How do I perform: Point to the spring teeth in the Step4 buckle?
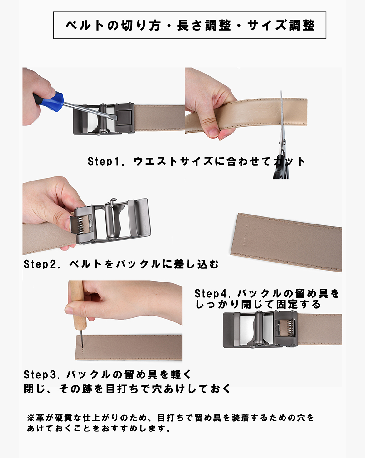(290, 328)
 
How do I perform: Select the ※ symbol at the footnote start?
(31, 417)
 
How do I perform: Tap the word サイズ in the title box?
(267, 25)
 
